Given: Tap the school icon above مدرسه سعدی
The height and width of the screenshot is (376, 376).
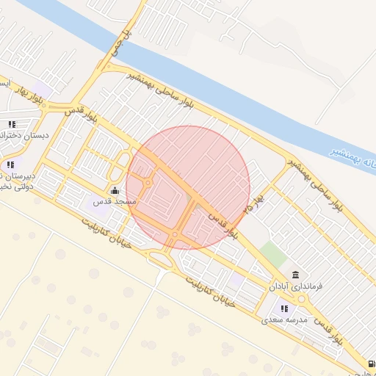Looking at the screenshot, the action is [x=284, y=309].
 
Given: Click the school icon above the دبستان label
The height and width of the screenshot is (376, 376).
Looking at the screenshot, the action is [x=12, y=125].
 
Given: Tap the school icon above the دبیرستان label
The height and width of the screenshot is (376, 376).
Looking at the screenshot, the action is [x=11, y=164].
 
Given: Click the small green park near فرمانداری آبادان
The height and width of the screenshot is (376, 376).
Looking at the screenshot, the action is [x=272, y=254].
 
